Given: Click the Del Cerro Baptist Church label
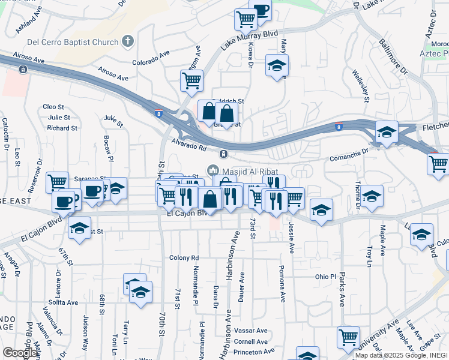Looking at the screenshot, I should [73, 42].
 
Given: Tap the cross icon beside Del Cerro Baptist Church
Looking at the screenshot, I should [127, 41].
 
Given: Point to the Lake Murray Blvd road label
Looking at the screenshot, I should [249, 40].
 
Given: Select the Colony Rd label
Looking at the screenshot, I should [184, 258].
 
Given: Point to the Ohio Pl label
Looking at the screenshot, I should [326, 277].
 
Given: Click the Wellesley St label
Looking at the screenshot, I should [360, 88].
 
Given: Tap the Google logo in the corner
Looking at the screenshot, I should [20, 352].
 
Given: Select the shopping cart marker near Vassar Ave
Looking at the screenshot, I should [348, 336].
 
